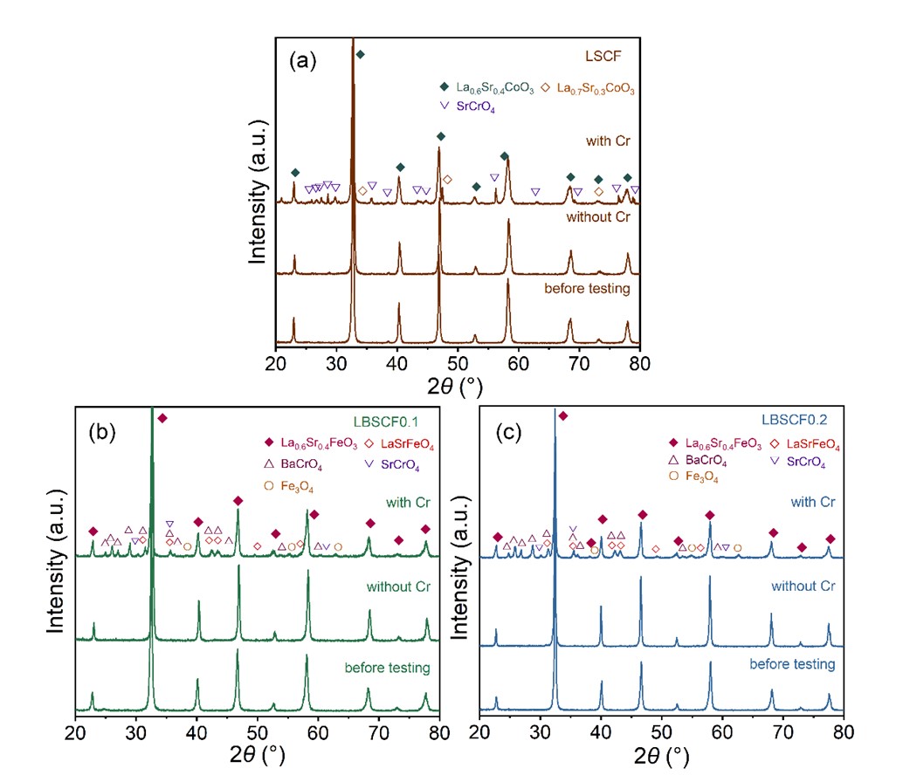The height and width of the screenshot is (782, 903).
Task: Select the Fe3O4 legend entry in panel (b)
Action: click(293, 485)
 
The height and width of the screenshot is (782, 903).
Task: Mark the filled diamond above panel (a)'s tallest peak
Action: click(360, 54)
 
